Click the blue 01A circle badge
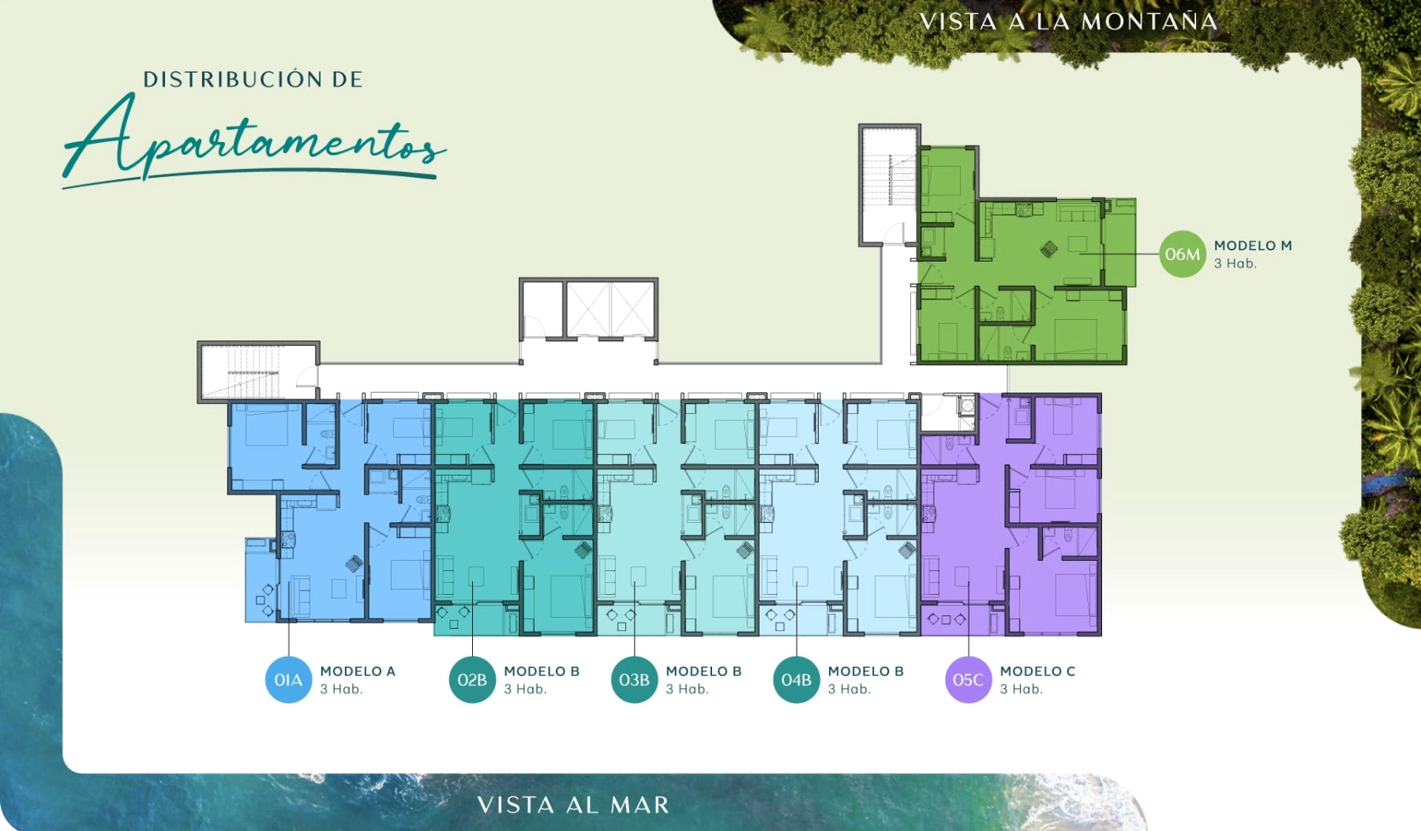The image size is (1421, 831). coord(288,679)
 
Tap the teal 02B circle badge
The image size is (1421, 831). coord(472,679)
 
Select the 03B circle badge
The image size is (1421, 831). coord(634,679)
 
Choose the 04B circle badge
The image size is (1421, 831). coord(796,679)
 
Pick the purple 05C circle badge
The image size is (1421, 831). coord(968,679)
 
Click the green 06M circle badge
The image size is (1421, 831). coord(1182,254)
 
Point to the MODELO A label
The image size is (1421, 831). coord(358,671)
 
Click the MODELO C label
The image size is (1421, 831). coord(1037,671)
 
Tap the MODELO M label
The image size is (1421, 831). coord(1253,246)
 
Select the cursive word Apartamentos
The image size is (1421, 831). coord(254,140)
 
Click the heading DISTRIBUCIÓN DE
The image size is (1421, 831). coord(253,79)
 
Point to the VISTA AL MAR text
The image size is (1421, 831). coord(573,805)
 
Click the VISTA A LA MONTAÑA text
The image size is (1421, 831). coord(1069,21)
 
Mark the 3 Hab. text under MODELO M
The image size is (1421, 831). coord(1235,264)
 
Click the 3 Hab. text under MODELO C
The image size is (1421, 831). coord(1021,690)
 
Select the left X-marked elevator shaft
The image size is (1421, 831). coord(587,309)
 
